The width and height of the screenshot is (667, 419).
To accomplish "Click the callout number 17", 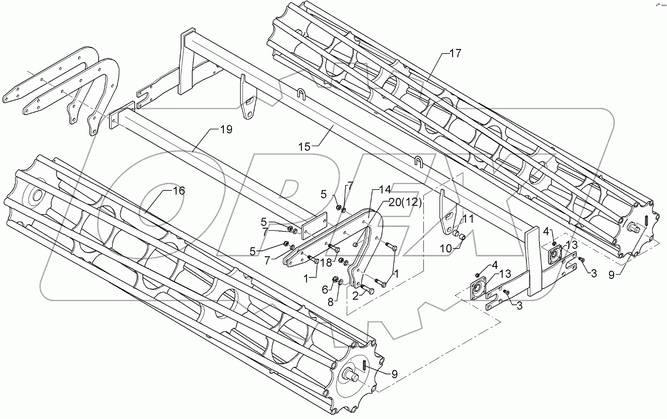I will coord(455,53).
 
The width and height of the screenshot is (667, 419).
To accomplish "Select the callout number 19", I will coord(226,130).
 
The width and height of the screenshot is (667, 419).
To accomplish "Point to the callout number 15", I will coord(304,147).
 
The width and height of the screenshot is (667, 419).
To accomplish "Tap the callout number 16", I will coord(179,191).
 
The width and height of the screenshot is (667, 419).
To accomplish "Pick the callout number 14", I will coord(384,190).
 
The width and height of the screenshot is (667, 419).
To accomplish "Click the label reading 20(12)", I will coord(405,202).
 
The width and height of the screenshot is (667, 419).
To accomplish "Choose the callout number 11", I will coord(468,219).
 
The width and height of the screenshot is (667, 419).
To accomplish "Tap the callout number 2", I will coord(355,295).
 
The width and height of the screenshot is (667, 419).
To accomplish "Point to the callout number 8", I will coord(330,302).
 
